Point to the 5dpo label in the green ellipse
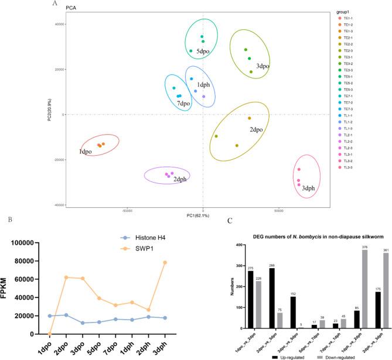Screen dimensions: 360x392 (203, 51)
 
